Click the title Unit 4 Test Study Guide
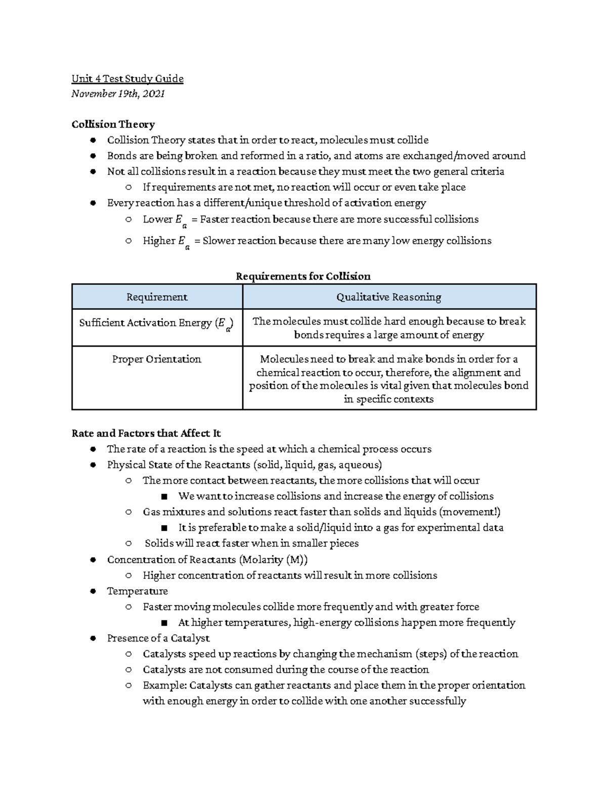point(127,78)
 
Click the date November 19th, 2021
point(118,94)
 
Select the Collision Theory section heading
point(113,124)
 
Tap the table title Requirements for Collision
point(303,276)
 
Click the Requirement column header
point(157,297)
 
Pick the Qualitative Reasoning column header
point(388,297)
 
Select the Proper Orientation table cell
point(157,359)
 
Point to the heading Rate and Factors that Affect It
point(146,433)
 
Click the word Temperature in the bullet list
point(137,591)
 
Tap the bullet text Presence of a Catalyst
point(158,638)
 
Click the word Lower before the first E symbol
point(157,219)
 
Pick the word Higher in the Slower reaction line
point(159,241)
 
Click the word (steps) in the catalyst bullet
point(431,654)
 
